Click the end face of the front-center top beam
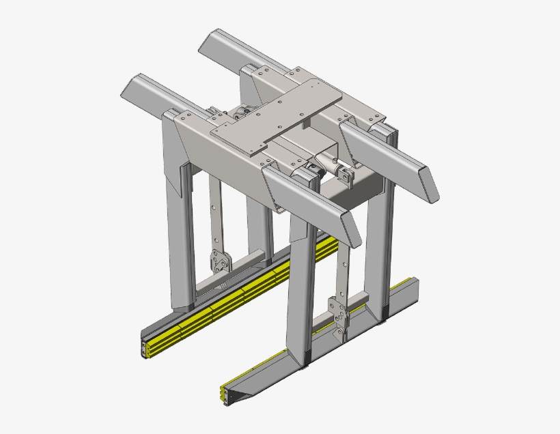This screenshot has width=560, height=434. click(351, 232)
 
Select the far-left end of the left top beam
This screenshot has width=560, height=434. click(130, 85)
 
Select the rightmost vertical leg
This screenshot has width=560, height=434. click(380, 246)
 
